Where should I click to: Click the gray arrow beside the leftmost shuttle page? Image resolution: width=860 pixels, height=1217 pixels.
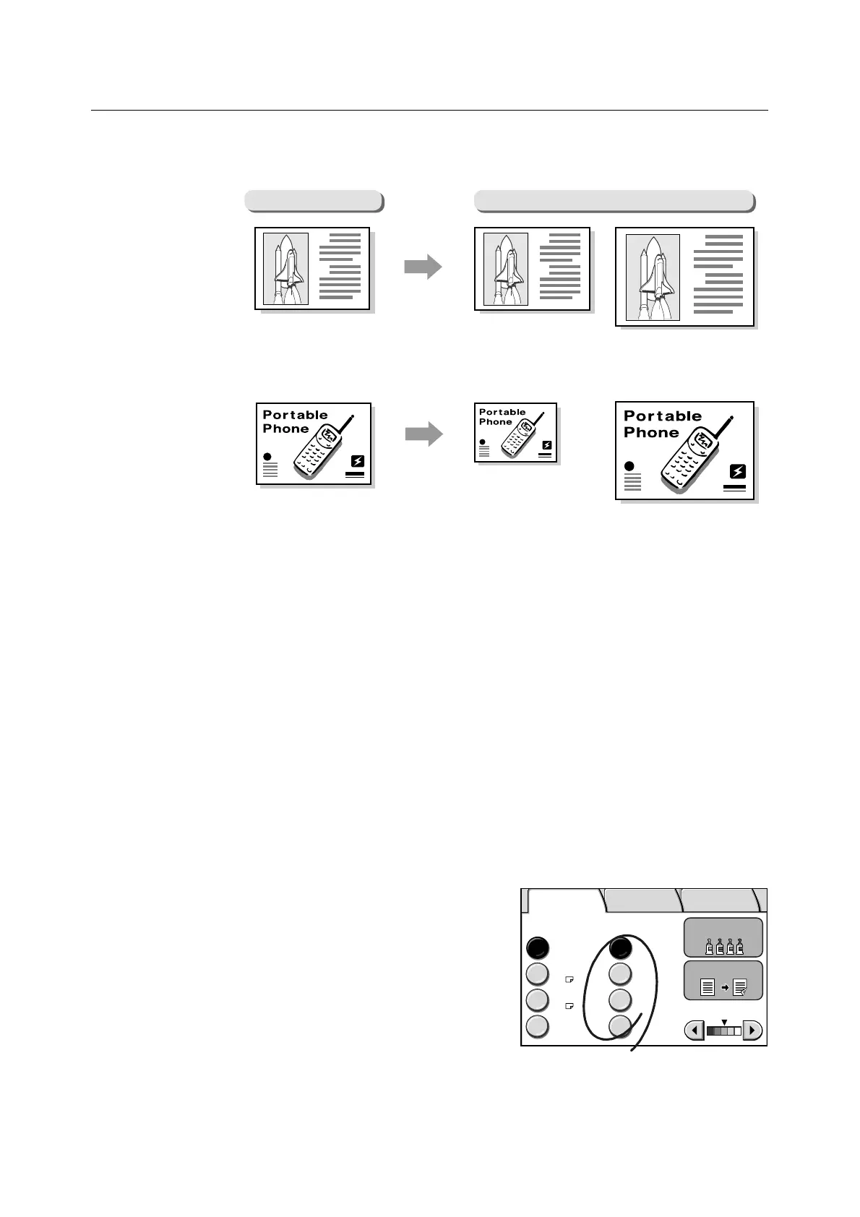click(423, 267)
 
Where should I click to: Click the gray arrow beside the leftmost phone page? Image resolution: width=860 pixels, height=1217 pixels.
click(423, 434)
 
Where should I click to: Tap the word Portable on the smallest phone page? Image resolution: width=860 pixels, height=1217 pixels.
click(502, 412)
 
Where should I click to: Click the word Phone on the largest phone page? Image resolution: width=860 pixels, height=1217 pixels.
click(651, 432)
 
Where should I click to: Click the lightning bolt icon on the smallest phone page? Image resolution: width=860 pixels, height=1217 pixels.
click(546, 446)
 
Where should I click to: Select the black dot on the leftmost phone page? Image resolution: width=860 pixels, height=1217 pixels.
click(267, 457)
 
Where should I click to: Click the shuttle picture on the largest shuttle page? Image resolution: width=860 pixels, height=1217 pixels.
click(653, 278)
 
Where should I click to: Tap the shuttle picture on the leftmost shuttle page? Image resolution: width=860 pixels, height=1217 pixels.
click(285, 269)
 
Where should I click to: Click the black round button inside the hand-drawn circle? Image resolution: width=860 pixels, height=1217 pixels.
click(620, 947)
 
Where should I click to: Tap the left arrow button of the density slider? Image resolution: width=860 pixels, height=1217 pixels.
click(694, 1030)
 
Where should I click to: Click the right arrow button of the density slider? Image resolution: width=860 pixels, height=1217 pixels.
click(752, 1030)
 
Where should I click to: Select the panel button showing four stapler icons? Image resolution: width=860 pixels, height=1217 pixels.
click(723, 937)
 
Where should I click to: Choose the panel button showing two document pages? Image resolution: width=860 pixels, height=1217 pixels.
click(723, 981)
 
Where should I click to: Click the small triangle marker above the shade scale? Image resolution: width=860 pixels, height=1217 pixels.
click(724, 1022)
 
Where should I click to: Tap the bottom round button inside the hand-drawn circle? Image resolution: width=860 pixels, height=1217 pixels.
click(620, 1025)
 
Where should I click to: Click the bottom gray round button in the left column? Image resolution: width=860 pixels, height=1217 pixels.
click(537, 1026)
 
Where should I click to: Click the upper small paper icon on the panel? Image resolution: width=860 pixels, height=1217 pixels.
click(569, 979)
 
